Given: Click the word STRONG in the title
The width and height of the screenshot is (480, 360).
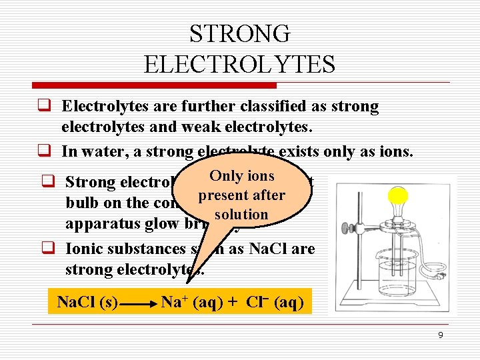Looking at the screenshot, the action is tap(239, 33).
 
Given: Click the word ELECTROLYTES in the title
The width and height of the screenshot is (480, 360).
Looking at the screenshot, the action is tap(239, 64).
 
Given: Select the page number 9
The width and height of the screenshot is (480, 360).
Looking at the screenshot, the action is tap(440, 335).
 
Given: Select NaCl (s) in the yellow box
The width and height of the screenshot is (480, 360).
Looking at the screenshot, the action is tap(86, 302).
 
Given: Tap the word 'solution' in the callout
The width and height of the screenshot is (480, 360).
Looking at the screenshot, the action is tap(241, 214).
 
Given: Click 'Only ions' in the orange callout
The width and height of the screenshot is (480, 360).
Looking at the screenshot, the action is tap(241, 176).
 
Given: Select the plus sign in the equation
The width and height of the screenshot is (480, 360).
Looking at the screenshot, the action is tap(232, 303).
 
